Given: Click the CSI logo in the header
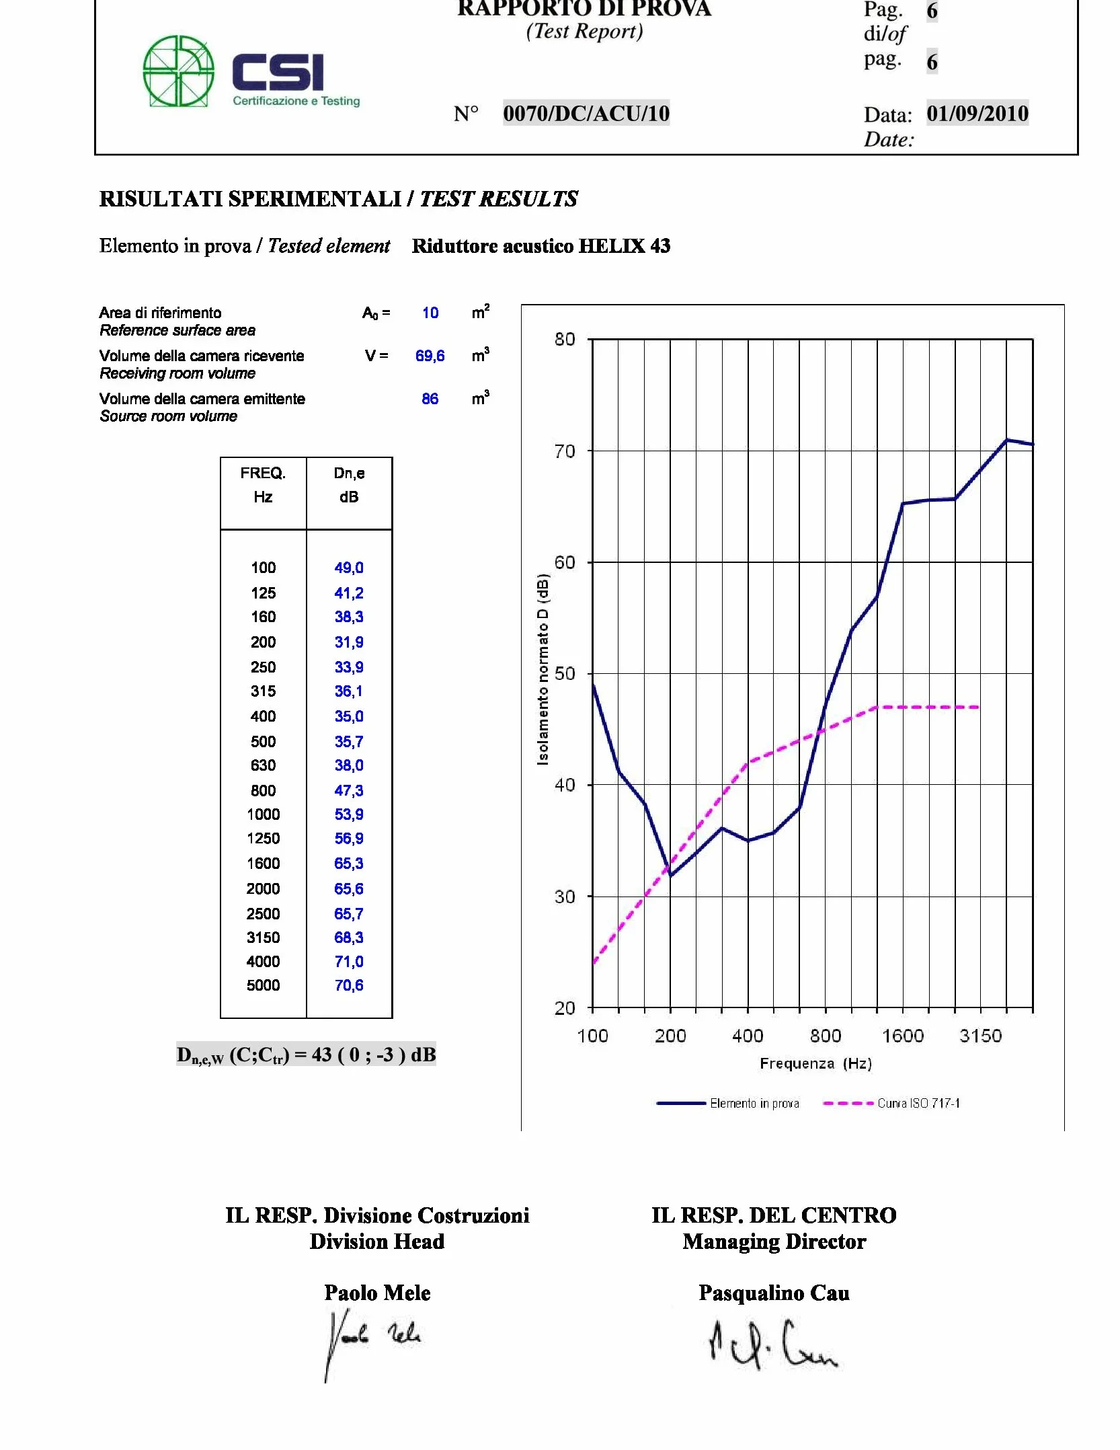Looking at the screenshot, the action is click(x=252, y=71).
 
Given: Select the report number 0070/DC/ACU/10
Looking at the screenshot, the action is click(x=586, y=113).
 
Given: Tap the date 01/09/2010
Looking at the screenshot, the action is click(x=977, y=113).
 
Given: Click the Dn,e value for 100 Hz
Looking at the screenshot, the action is click(x=349, y=568).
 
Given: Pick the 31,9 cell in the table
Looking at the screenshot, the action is click(x=349, y=642).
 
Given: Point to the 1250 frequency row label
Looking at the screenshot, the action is click(x=263, y=839).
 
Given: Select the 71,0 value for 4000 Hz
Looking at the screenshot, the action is click(x=349, y=962).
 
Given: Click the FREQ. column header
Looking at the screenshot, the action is click(x=263, y=473).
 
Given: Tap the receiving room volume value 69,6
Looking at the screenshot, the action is click(x=430, y=356).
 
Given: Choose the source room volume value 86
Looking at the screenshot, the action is click(x=430, y=399).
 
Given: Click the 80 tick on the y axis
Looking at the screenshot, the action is click(x=565, y=339).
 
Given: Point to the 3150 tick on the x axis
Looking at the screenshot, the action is click(x=980, y=1036).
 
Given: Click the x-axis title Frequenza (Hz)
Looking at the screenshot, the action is click(x=815, y=1063).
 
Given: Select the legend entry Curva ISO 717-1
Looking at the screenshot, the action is click(x=891, y=1103).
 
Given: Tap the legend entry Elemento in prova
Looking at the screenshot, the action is click(x=728, y=1103).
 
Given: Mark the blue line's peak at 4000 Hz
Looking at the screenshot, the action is click(x=1006, y=440).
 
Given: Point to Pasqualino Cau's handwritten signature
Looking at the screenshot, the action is click(x=773, y=1344).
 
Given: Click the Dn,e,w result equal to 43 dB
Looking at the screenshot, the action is click(x=306, y=1055).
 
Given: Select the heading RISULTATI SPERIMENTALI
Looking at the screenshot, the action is click(x=250, y=199).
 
